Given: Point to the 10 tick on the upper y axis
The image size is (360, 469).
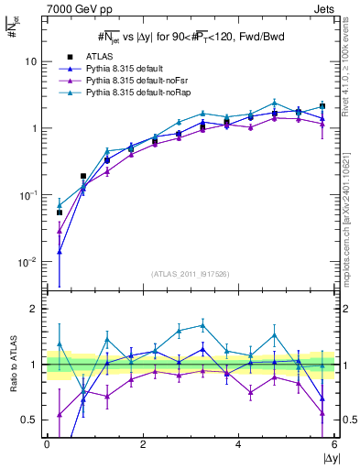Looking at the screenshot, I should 30,61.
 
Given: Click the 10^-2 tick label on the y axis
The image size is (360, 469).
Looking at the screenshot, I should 27,262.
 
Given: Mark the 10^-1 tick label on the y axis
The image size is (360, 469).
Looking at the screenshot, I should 27,195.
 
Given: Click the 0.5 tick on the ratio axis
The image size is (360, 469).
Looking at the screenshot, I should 28,420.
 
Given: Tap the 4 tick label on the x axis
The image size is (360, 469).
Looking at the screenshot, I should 238,444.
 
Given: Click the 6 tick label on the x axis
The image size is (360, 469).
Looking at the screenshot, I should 334,444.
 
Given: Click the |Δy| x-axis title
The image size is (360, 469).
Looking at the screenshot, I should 331,457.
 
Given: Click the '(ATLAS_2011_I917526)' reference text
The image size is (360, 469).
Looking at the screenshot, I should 190,274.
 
